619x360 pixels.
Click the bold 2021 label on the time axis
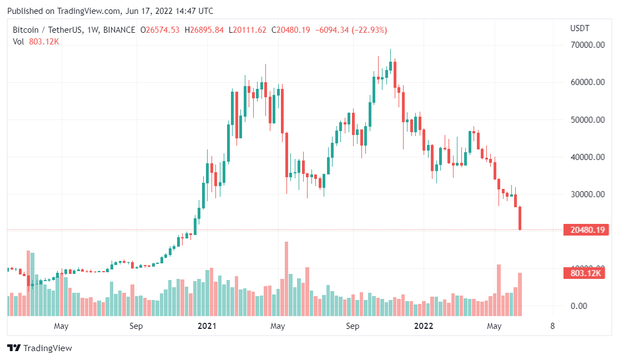pyautogui.click(x=208, y=326)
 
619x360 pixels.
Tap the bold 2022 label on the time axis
pyautogui.click(x=424, y=326)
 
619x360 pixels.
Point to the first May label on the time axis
pyautogui.click(x=61, y=326)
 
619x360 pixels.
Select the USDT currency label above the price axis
pyautogui.click(x=580, y=28)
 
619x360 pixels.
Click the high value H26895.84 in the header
pyautogui.click(x=204, y=30)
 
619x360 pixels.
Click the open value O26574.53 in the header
pyautogui.click(x=160, y=30)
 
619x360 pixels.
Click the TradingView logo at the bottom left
pyautogui.click(x=39, y=348)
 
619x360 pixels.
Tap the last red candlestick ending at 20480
pyautogui.click(x=520, y=218)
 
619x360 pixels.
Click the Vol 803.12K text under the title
pyautogui.click(x=36, y=41)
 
